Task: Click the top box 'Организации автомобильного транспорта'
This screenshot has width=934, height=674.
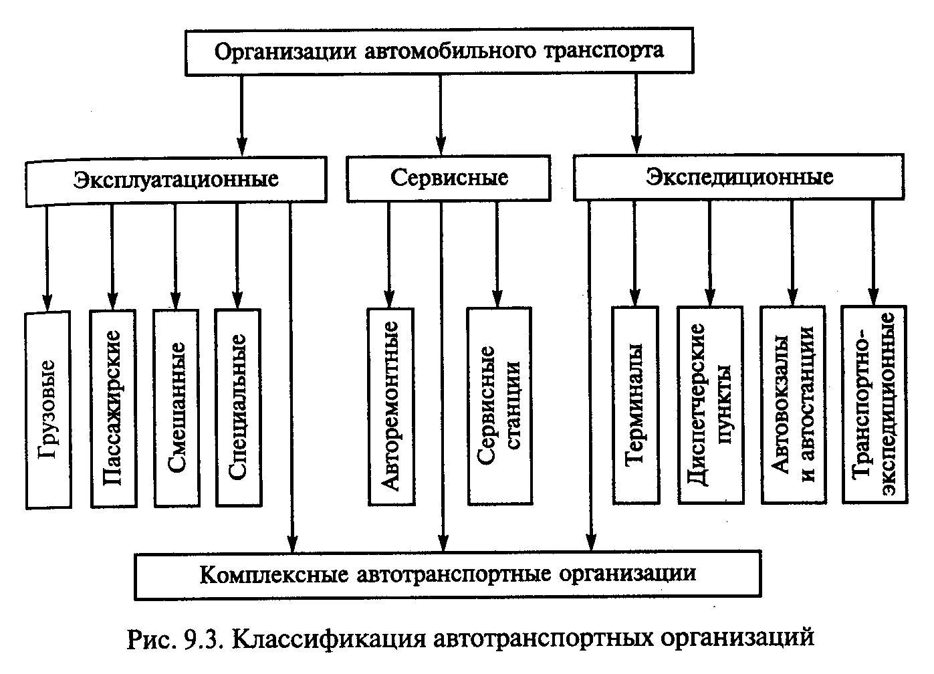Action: [439, 51]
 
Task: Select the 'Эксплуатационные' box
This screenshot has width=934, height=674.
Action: [177, 179]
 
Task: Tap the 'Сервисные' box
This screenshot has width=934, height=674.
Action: [449, 178]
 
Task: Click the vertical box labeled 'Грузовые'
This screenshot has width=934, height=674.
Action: [48, 409]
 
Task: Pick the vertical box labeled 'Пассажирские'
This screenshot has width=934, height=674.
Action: [113, 407]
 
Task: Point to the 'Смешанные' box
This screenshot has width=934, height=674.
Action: [176, 407]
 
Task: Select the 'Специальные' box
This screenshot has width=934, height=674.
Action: [238, 407]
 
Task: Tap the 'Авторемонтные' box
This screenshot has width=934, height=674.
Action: [390, 406]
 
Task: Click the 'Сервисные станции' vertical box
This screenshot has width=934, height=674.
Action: [499, 405]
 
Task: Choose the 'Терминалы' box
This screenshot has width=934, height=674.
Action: [635, 404]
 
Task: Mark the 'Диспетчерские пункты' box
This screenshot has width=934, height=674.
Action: [709, 404]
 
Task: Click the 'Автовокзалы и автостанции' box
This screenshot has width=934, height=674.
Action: [793, 404]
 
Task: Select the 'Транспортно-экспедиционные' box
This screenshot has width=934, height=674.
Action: [874, 404]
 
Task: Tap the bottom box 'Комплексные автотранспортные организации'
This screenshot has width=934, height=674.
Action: [447, 574]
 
